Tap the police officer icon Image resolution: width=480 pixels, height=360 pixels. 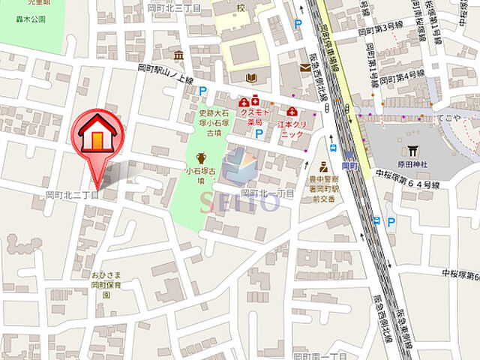[323, 166]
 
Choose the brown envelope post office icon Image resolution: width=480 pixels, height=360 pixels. [304, 67]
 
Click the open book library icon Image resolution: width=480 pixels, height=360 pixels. [250, 77]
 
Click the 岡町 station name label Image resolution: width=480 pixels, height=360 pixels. [349, 165]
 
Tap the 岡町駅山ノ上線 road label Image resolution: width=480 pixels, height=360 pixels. [165, 73]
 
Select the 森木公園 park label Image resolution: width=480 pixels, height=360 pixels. [28, 19]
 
